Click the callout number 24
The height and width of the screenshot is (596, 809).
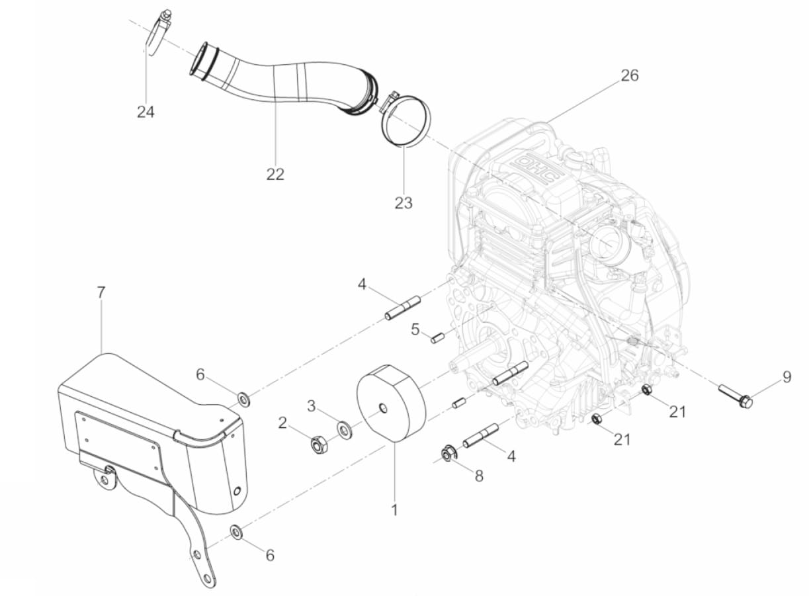pyautogui.click(x=146, y=112)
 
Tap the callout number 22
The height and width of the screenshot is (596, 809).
pyautogui.click(x=275, y=174)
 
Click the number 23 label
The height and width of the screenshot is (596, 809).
pyautogui.click(x=404, y=202)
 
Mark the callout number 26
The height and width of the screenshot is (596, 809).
pyautogui.click(x=630, y=75)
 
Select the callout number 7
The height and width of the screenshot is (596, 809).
pyautogui.click(x=101, y=292)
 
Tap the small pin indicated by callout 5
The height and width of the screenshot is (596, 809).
pyautogui.click(x=437, y=337)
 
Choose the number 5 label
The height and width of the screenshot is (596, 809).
pyautogui.click(x=415, y=329)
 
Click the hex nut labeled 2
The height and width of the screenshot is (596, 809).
pyautogui.click(x=318, y=445)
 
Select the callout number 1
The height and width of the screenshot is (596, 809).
pyautogui.click(x=394, y=510)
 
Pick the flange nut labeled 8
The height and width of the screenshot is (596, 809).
pyautogui.click(x=448, y=454)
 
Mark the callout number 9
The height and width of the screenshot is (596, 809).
pyautogui.click(x=787, y=377)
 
